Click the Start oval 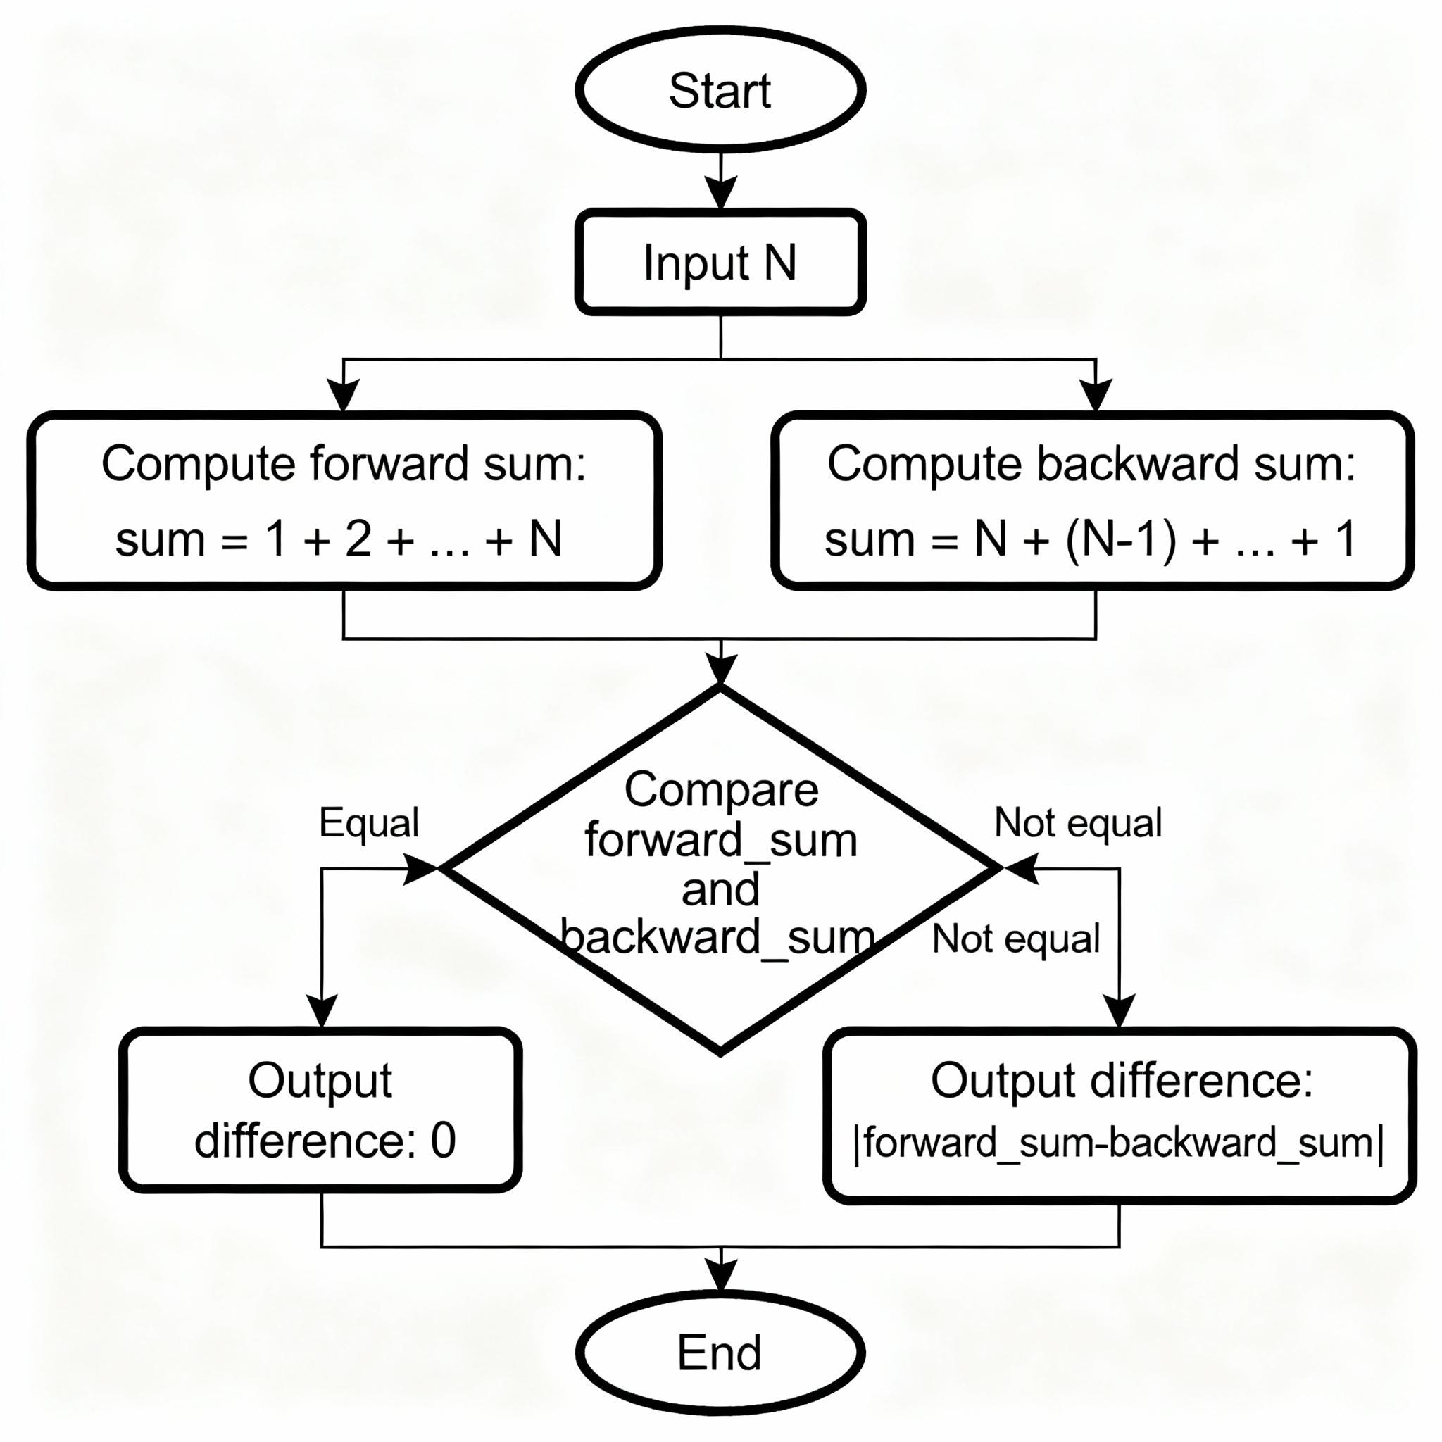pyautogui.click(x=720, y=89)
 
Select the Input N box pyautogui.click(x=720, y=262)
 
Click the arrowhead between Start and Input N pyautogui.click(x=721, y=192)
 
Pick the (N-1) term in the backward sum pyautogui.click(x=1120, y=539)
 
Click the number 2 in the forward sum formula pyautogui.click(x=358, y=539)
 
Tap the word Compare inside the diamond pyautogui.click(x=721, y=790)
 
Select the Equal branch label pyautogui.click(x=369, y=822)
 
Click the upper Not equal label pyautogui.click(x=1078, y=822)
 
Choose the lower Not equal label pyautogui.click(x=1016, y=938)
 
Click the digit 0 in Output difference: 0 pyautogui.click(x=444, y=1141)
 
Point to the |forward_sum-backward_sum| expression pyautogui.click(x=1118, y=1143)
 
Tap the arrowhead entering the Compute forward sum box pyautogui.click(x=344, y=394)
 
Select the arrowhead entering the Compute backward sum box pyautogui.click(x=1096, y=394)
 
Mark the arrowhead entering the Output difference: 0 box pyautogui.click(x=322, y=1012)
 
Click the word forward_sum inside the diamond pyautogui.click(x=721, y=841)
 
